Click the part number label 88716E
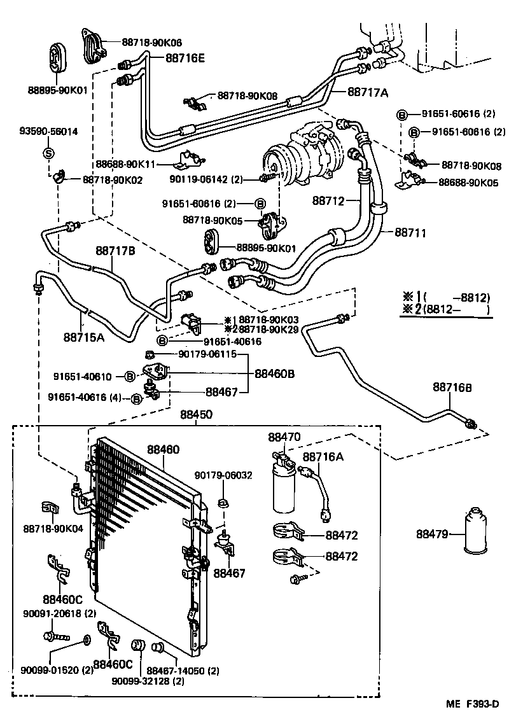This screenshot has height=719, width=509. tap(185, 59)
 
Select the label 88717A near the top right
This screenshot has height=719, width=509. tap(367, 92)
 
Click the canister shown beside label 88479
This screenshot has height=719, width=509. tap(475, 533)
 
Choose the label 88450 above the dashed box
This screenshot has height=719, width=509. tap(196, 414)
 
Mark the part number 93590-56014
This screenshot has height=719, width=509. tap(48, 132)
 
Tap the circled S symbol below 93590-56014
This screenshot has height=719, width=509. tap(48, 153)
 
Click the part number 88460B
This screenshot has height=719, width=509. tap(275, 373)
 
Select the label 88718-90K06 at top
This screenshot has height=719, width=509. tap(151, 43)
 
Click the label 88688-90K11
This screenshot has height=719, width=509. tap(126, 164)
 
